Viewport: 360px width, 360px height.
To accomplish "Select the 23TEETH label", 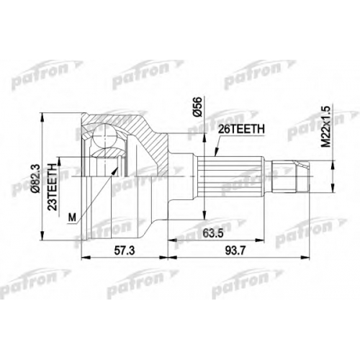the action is [x=53, y=187].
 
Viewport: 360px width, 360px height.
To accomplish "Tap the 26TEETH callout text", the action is [x=241, y=130].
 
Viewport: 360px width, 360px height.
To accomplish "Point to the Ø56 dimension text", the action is [x=198, y=107].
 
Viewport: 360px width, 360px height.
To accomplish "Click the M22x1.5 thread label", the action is [x=326, y=126].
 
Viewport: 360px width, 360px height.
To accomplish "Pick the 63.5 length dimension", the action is [x=213, y=233].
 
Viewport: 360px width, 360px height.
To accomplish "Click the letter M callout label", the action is [x=72, y=218].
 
